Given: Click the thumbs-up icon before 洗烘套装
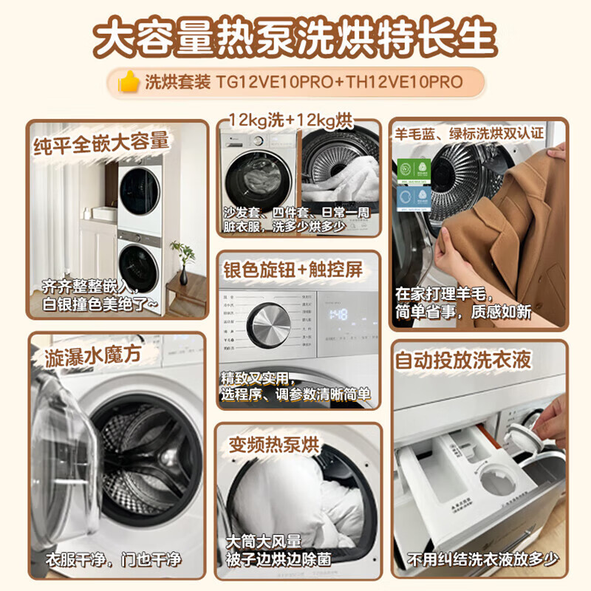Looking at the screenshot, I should (x=130, y=82).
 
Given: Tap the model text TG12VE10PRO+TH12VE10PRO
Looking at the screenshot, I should (x=339, y=82).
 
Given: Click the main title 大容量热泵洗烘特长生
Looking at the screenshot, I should (x=295, y=35).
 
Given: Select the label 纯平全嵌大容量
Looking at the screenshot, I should (x=101, y=140).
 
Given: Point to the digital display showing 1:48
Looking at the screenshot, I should (x=338, y=315).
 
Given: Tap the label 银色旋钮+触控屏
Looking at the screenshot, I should (x=293, y=270).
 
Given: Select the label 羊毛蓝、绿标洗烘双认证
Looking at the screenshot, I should (x=479, y=134).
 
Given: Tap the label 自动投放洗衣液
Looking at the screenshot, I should (x=474, y=361).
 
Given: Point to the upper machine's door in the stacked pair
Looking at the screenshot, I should (x=139, y=191).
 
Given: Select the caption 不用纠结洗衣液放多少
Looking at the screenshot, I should (x=479, y=559).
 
